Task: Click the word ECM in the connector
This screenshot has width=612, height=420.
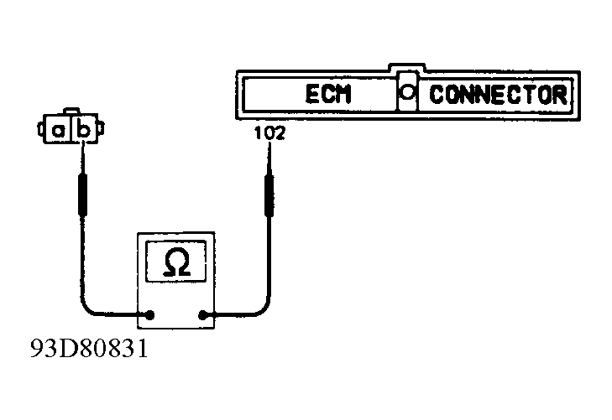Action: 328,94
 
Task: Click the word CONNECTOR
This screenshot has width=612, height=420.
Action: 498,95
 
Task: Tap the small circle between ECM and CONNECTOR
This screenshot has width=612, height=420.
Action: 407,92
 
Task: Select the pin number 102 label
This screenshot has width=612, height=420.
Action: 269,133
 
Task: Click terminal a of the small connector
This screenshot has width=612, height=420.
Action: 58,131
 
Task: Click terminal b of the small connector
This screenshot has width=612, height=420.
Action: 84,131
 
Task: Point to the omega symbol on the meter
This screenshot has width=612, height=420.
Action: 177,262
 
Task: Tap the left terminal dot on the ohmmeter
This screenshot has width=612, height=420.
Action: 149,315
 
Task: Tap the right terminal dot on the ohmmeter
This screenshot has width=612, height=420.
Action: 202,315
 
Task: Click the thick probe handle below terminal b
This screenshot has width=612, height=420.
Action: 83,194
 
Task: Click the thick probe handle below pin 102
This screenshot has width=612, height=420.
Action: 269,195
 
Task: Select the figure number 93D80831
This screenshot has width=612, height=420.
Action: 89,348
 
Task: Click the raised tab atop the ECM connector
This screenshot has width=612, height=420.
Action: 406,67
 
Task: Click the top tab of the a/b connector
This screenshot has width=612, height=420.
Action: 71,111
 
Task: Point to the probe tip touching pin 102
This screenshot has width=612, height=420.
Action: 269,144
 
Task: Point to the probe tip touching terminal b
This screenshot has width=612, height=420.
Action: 83,144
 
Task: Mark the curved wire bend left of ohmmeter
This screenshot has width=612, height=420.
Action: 86,306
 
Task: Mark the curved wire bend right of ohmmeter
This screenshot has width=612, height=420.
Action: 264,307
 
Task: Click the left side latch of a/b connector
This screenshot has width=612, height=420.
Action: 40,129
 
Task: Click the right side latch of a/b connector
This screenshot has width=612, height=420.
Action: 101,128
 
